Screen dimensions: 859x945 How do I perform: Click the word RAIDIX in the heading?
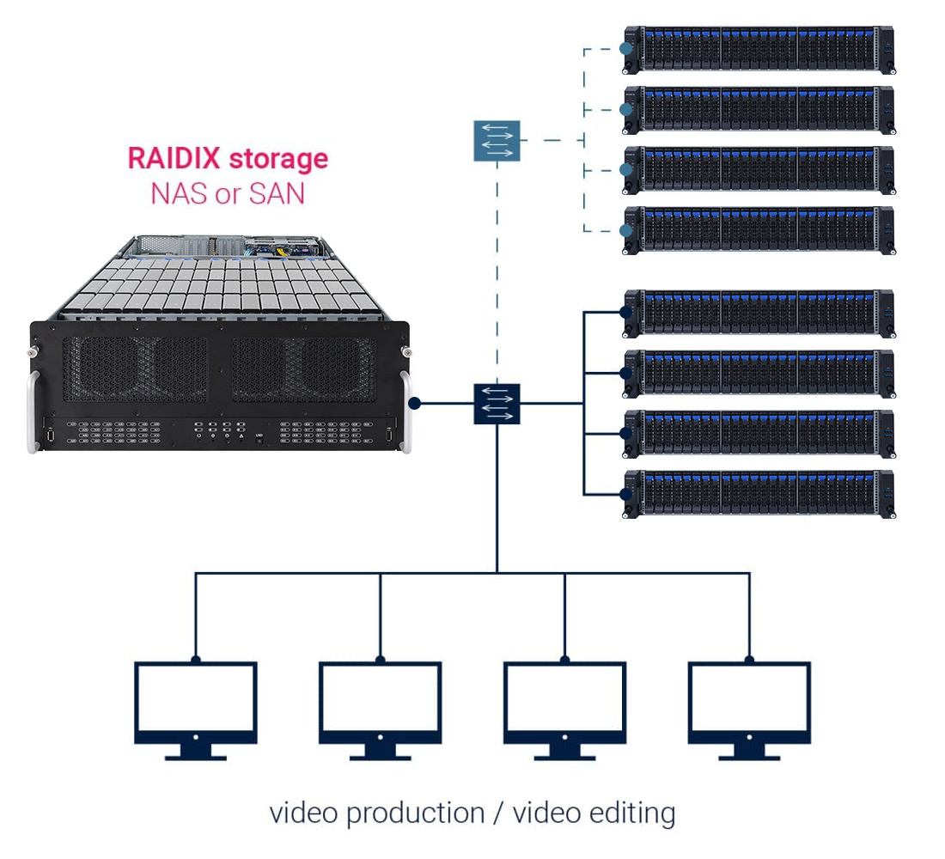pos(174,159)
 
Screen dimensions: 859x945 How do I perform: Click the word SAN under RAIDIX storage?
pos(277,193)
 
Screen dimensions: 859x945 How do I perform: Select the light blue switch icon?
pos(497,141)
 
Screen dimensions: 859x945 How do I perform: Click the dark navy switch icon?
pos(497,403)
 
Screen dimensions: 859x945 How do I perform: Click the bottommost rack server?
pos(758,494)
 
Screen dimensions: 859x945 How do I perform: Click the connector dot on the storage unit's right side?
pos(415,403)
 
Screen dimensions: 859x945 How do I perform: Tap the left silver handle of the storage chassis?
pos(34,412)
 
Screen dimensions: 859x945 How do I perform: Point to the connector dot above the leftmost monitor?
pos(196,660)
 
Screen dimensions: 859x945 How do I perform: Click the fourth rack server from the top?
pos(758,229)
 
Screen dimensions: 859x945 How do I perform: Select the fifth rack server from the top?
pos(758,314)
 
